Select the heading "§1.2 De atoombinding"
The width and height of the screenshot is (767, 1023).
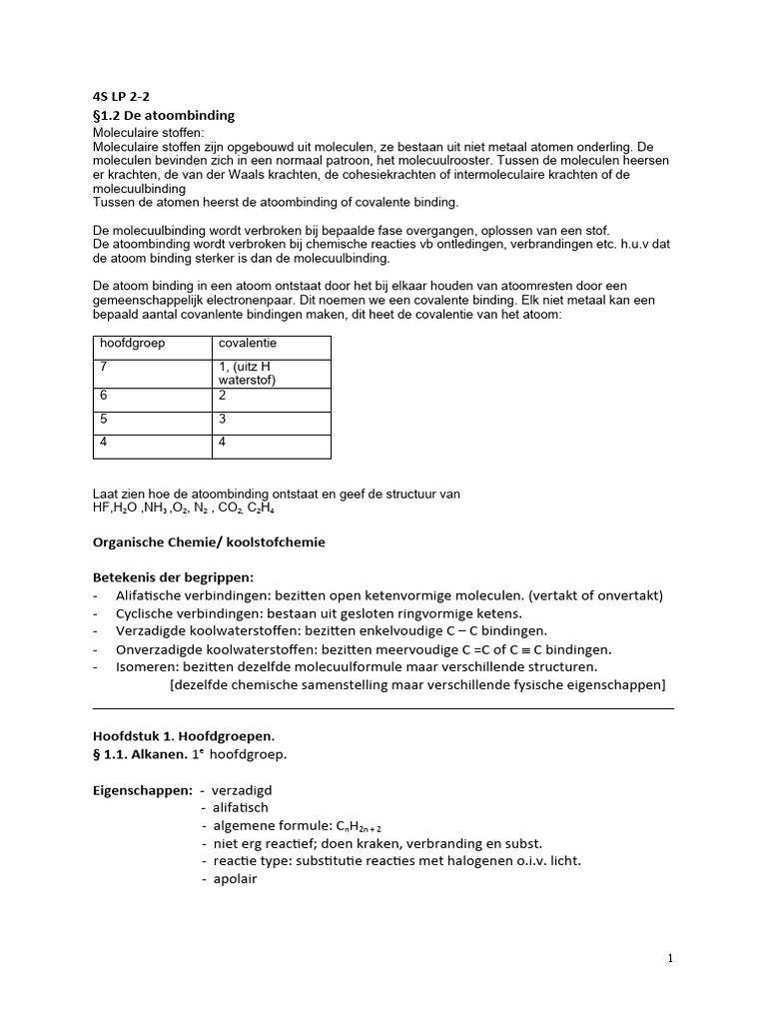[x=164, y=115]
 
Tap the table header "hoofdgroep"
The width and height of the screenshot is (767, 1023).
[x=132, y=343]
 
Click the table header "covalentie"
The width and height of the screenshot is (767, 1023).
[x=250, y=343]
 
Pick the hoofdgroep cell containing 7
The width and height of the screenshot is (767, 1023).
[x=103, y=367]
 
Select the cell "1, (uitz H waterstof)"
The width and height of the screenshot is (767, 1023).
[x=247, y=373]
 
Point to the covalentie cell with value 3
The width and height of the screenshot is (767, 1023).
[x=223, y=420]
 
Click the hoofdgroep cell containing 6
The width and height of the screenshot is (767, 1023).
[x=103, y=396]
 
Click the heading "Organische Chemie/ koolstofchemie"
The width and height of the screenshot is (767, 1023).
[x=208, y=541]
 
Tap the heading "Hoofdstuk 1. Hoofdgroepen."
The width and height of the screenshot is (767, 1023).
[x=183, y=734]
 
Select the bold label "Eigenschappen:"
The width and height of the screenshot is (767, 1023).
[x=142, y=789]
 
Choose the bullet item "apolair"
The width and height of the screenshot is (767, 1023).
[x=235, y=879]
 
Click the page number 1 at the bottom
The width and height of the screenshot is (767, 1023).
[x=670, y=958]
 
